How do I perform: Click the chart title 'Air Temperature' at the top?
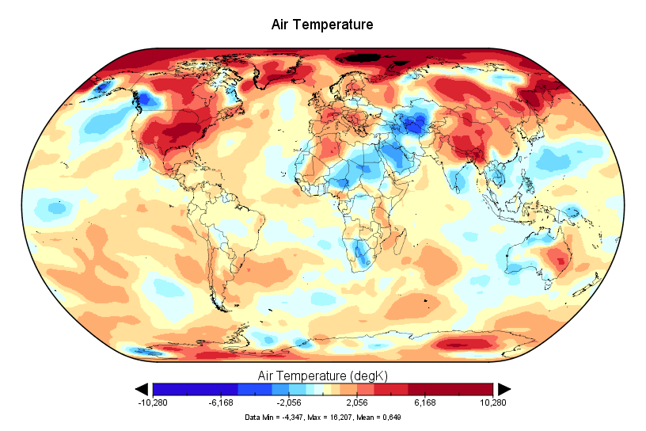(322, 25)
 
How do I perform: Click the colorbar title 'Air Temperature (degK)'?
(322, 374)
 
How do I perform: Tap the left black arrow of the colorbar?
(142, 388)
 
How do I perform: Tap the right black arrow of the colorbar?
(503, 388)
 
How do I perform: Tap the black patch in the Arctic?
(363, 57)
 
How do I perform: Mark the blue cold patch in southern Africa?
(362, 254)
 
